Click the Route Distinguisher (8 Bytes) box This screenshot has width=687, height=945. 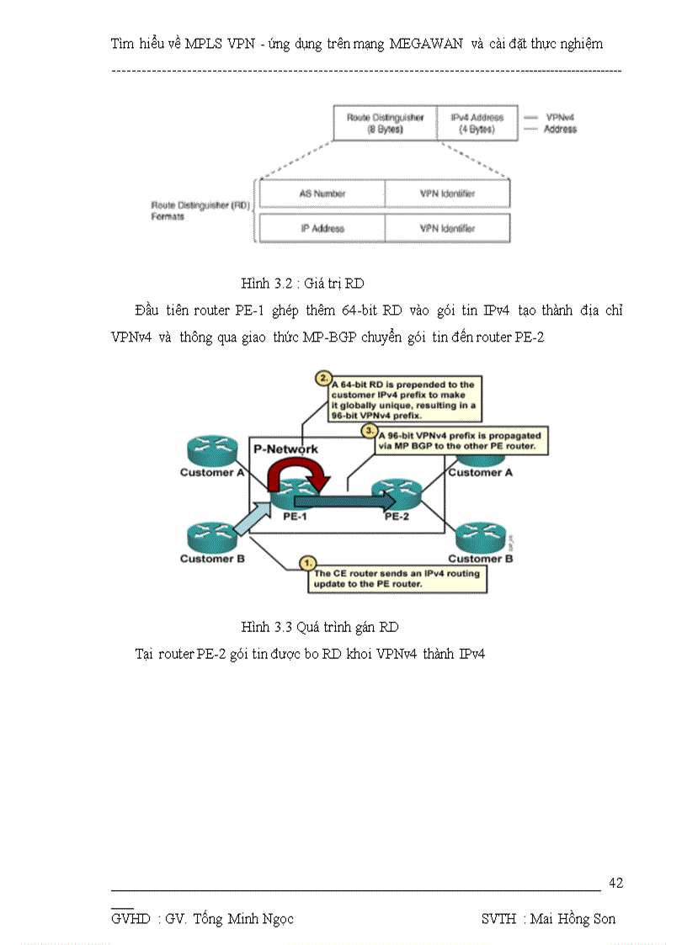[385, 124]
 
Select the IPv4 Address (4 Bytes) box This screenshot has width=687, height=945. [476, 124]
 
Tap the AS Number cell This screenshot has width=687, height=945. [322, 194]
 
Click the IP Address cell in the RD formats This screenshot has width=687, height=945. [322, 228]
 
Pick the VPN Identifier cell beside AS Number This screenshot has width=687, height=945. [447, 194]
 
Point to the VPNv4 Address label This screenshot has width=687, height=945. [560, 124]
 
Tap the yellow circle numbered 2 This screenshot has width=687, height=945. [322, 378]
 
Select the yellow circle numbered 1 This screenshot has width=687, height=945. [308, 560]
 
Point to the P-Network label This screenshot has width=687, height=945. [286, 449]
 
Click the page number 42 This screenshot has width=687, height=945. [615, 883]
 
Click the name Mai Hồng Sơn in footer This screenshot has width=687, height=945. [572, 919]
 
